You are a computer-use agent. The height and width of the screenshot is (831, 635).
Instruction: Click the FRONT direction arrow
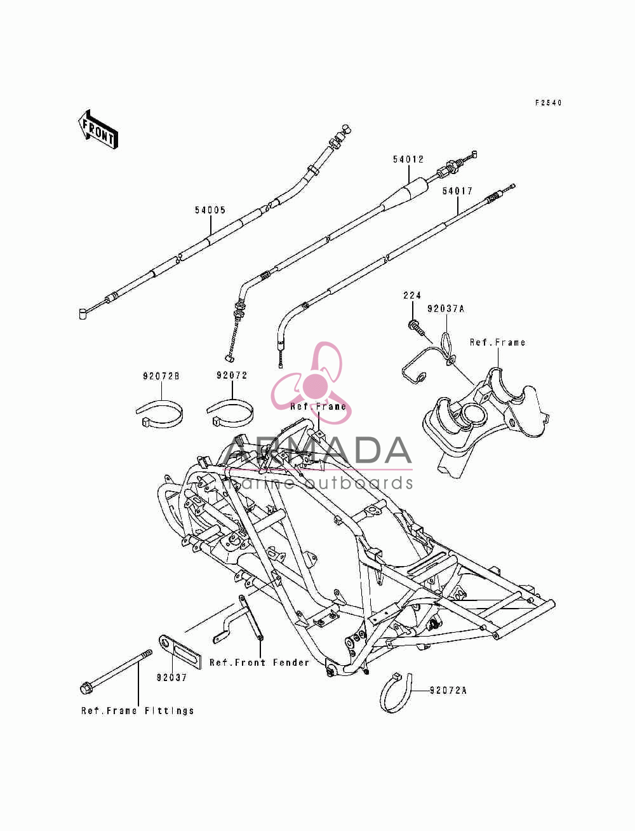(x=98, y=130)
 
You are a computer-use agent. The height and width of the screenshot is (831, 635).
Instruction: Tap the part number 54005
(x=210, y=210)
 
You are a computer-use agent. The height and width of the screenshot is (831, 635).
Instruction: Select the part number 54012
(x=408, y=159)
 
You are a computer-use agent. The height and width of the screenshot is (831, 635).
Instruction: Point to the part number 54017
(x=458, y=191)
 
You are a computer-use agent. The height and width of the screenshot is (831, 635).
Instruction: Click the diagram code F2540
(x=549, y=102)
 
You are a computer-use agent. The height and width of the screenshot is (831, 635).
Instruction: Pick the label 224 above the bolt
(x=412, y=295)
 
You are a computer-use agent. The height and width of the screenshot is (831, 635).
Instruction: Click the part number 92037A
(x=446, y=309)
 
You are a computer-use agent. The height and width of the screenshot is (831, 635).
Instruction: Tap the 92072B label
(x=161, y=376)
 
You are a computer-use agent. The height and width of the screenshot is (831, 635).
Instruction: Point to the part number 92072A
(x=448, y=690)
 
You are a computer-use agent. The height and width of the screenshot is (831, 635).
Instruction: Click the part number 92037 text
(x=172, y=677)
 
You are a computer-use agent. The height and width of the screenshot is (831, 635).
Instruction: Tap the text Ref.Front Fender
(x=260, y=663)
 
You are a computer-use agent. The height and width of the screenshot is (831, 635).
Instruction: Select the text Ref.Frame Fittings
(x=138, y=711)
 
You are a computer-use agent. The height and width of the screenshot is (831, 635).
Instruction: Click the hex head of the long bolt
(x=86, y=688)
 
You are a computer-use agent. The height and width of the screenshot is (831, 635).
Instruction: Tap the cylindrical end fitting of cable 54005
(x=84, y=313)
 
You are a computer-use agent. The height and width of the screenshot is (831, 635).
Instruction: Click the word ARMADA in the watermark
(x=317, y=450)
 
